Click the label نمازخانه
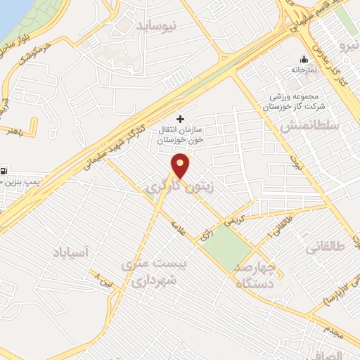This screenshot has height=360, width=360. [304, 71]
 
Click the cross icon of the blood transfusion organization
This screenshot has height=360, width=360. [181, 119]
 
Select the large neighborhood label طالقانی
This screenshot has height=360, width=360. [323, 247]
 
